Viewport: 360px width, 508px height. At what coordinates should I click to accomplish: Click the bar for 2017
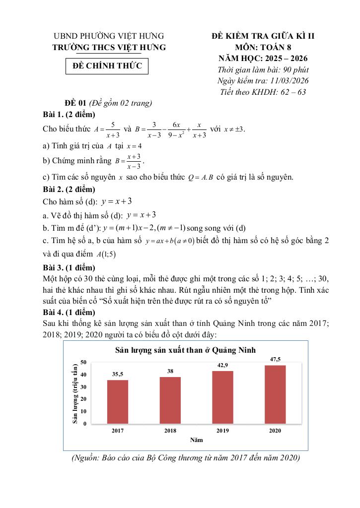click(118, 402)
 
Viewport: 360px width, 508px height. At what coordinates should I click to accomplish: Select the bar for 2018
click(170, 400)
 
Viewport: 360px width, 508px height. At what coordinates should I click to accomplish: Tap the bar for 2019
click(223, 397)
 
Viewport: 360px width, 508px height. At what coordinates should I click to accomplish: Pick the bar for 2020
click(275, 394)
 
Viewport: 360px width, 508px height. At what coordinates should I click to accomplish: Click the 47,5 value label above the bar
click(275, 359)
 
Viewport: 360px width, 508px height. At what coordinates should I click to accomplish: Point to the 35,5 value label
click(118, 374)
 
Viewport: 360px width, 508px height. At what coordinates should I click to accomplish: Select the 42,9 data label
click(222, 365)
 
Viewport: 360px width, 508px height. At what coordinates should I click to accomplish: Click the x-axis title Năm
click(196, 440)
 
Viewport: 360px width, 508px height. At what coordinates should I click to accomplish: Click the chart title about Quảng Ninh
click(185, 350)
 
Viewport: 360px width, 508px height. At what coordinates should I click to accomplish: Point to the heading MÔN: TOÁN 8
click(263, 47)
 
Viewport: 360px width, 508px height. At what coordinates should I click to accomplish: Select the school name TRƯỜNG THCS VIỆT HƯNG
click(109, 47)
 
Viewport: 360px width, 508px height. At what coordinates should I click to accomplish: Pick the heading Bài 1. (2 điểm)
click(69, 115)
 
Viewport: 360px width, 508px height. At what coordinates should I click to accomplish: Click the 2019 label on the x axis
click(222, 431)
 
